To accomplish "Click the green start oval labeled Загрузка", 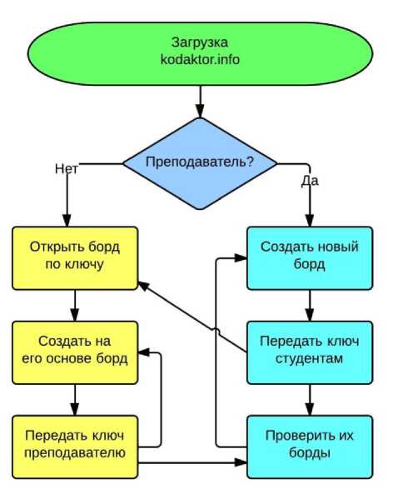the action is click(200, 53).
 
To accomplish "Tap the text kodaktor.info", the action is click(200, 59).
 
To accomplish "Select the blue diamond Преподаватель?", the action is click(200, 163).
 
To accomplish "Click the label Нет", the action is click(66, 168).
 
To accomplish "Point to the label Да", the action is click(310, 181).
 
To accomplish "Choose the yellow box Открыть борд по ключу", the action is click(75, 258).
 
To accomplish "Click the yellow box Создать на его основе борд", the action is click(75, 352).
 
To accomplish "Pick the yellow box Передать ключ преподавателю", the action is click(75, 447).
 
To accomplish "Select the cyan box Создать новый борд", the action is click(310, 258).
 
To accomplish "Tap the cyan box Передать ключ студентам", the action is click(310, 352).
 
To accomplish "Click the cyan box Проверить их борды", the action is click(310, 447).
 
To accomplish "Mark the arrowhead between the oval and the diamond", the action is click(200, 111).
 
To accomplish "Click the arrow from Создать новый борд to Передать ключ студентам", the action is click(310, 306).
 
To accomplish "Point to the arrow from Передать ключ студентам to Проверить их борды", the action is click(310, 400).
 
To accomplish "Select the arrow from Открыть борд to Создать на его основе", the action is click(75, 306).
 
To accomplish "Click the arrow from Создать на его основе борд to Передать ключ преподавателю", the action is click(75, 400).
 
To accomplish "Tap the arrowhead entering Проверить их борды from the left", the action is click(241, 462).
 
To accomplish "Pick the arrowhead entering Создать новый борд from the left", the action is click(241, 258).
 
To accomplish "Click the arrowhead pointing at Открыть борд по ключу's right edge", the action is click(143, 286).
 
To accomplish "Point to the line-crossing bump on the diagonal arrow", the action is click(216, 332).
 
